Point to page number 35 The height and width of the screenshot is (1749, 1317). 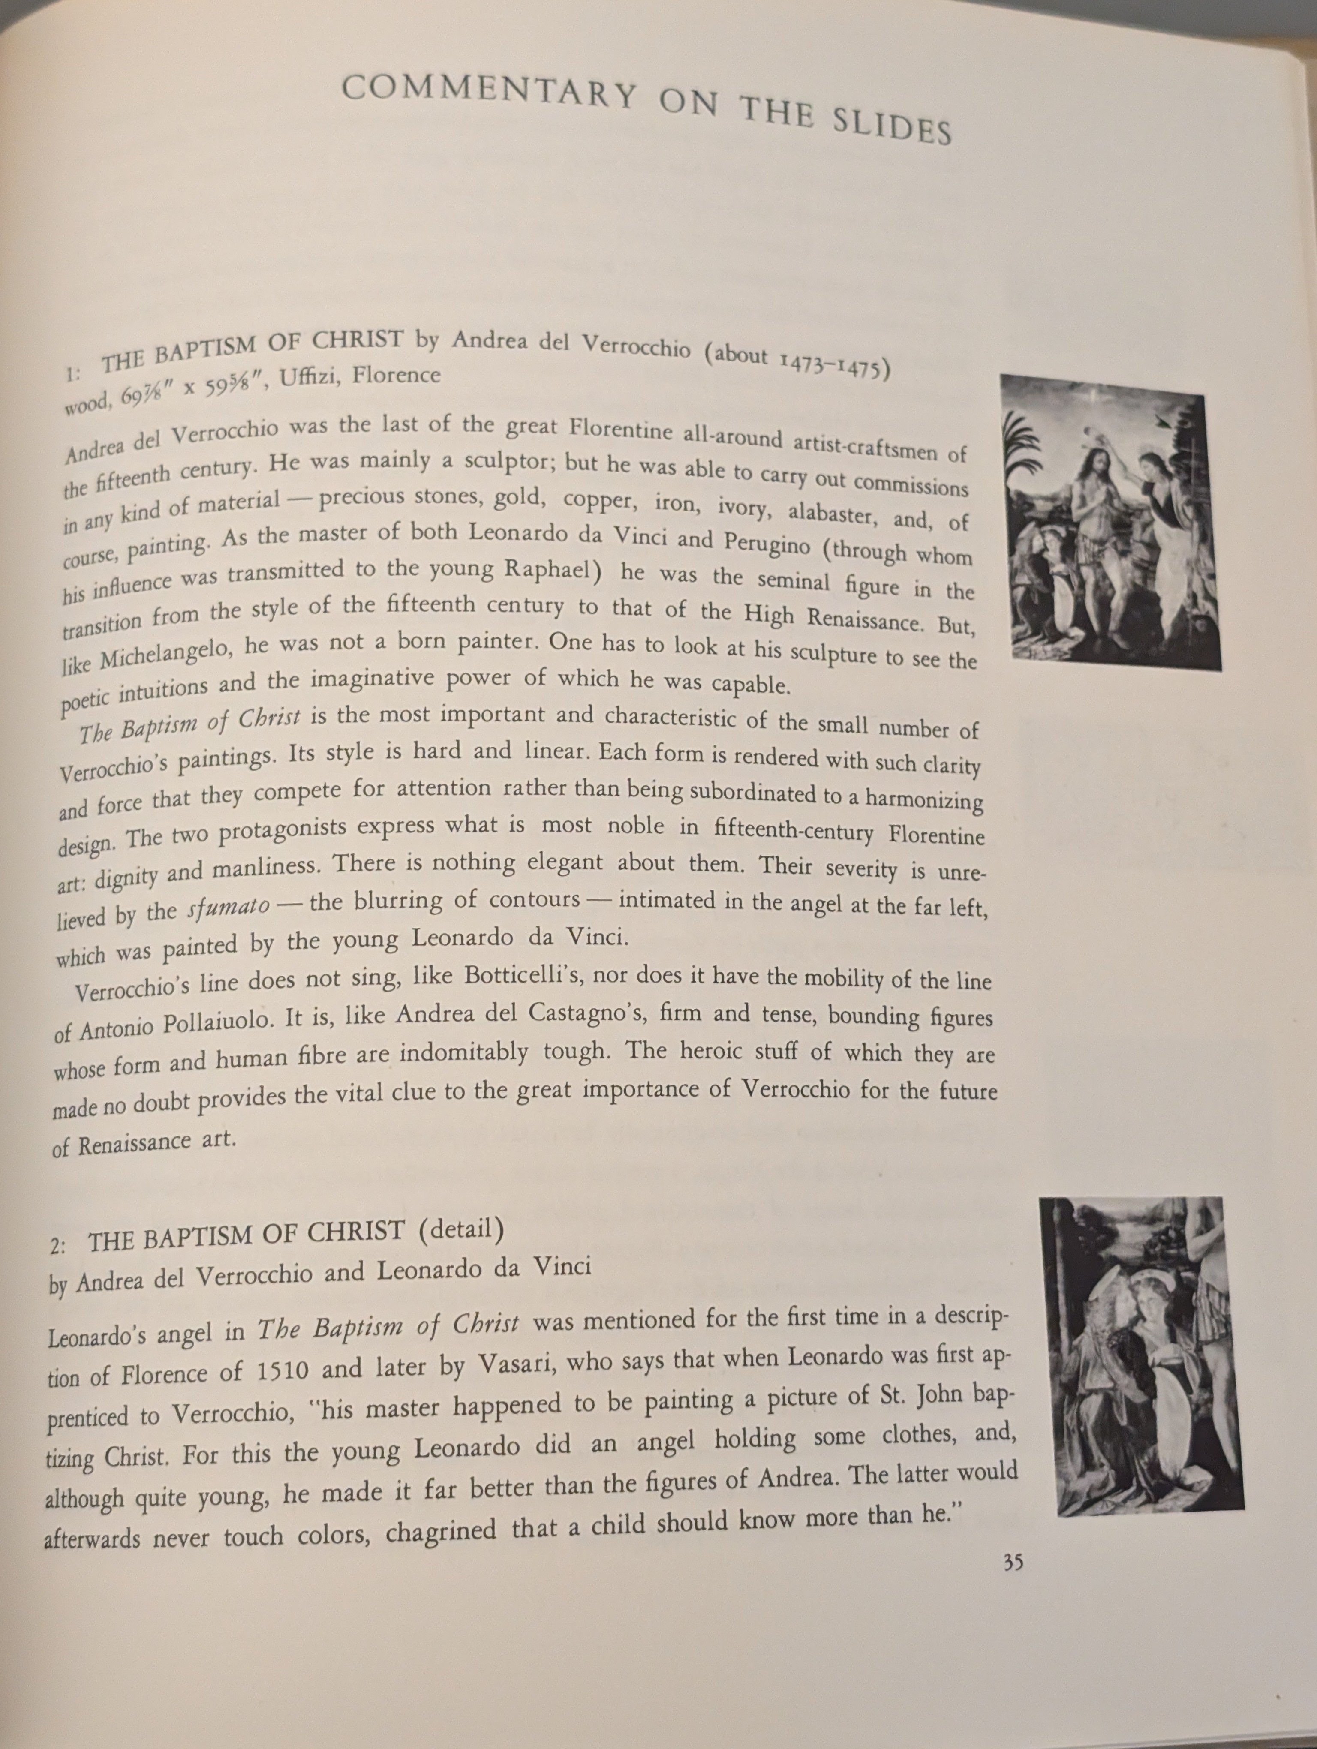[1013, 1562]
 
